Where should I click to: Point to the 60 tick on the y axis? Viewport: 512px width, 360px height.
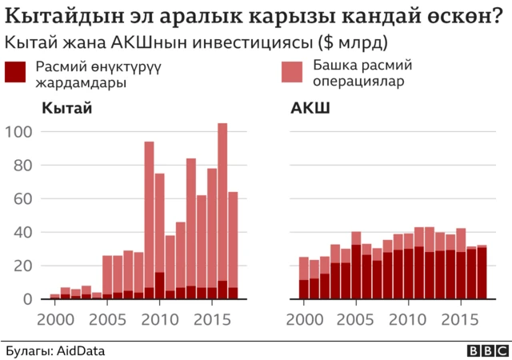pyautogui.click(x=24, y=199)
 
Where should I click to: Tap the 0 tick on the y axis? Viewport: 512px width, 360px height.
pyautogui.click(x=29, y=299)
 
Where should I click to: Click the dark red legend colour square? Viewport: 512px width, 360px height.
pyautogui.click(x=16, y=72)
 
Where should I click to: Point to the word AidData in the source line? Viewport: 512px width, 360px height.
pyautogui.click(x=80, y=350)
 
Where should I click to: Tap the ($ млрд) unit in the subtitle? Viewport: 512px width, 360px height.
pyautogui.click(x=350, y=42)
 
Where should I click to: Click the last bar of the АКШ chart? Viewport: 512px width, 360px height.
pyautogui.click(x=482, y=273)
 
